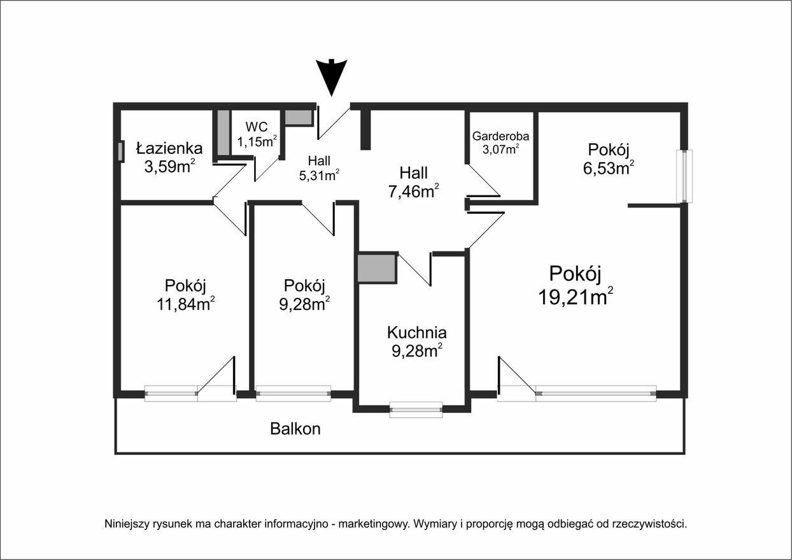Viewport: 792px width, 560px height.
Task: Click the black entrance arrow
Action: click(331, 77)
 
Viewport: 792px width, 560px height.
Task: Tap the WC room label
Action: click(257, 127)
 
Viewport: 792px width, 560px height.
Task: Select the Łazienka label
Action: click(169, 148)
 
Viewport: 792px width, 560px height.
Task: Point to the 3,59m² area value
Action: click(169, 167)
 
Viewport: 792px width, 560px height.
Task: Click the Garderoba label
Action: click(500, 136)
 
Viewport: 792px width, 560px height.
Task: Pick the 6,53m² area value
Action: click(608, 168)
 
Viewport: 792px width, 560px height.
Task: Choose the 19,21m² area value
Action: click(576, 296)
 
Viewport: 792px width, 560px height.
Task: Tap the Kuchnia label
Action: click(417, 332)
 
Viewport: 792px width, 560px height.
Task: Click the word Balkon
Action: click(295, 429)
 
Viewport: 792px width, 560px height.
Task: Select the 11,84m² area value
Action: click(186, 304)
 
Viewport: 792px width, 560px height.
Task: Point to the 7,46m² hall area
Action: click(413, 191)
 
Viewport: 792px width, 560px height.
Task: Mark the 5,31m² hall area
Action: click(319, 175)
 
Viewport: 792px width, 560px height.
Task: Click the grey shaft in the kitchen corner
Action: click(377, 268)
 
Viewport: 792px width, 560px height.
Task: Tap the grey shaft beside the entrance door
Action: click(299, 118)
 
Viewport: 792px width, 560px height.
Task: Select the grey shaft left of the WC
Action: click(223, 132)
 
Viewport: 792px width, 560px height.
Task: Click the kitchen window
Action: click(416, 409)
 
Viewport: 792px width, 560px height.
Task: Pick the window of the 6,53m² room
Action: click(684, 176)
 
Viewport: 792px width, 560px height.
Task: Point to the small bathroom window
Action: click(121, 151)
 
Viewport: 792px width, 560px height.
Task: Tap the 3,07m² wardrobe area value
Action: click(500, 150)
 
